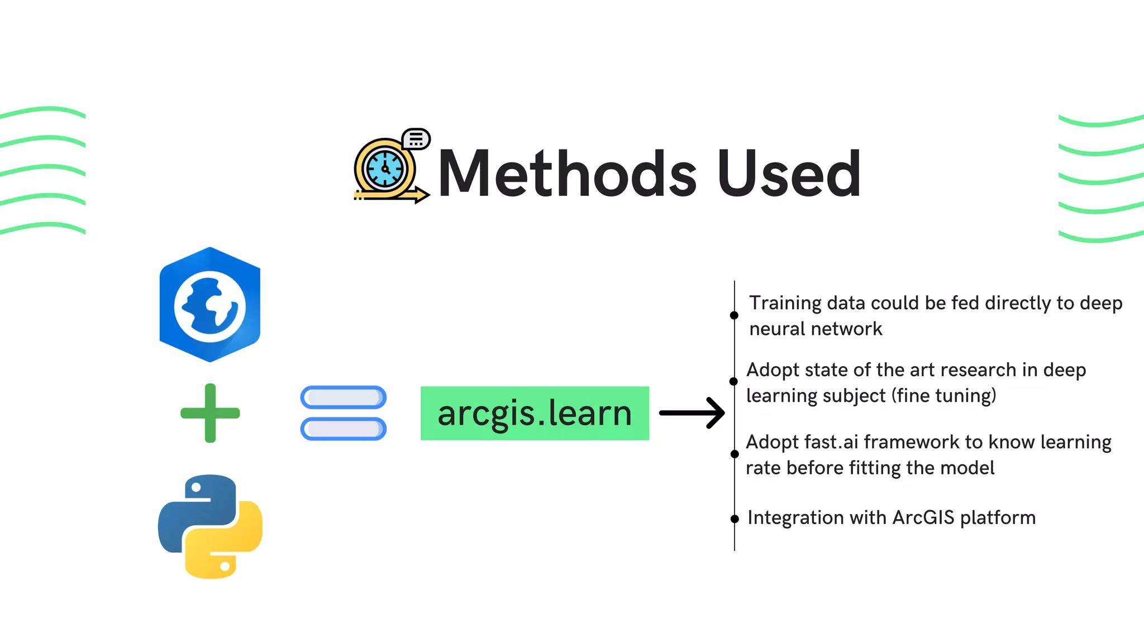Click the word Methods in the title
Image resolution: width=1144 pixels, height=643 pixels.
click(567, 174)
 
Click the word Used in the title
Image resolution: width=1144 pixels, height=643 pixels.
click(789, 174)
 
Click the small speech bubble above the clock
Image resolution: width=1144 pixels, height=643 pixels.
click(416, 138)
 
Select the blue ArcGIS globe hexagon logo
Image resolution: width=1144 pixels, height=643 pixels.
click(209, 305)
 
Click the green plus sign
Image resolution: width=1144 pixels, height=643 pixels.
click(210, 413)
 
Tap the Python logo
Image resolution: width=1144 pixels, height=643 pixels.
click(210, 526)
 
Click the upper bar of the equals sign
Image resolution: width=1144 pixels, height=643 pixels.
click(343, 397)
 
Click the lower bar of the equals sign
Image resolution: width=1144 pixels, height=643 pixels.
click(343, 429)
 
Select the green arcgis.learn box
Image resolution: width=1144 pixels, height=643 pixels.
click(535, 413)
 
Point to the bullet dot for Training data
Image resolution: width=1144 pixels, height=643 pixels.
click(734, 315)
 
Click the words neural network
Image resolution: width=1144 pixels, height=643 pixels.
click(816, 329)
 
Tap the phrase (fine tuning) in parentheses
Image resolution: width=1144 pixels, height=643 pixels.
click(943, 396)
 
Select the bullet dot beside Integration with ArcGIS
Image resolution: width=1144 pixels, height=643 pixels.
click(735, 519)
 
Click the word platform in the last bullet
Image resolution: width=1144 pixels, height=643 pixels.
click(998, 518)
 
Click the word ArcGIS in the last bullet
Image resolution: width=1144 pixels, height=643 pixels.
click(923, 517)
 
